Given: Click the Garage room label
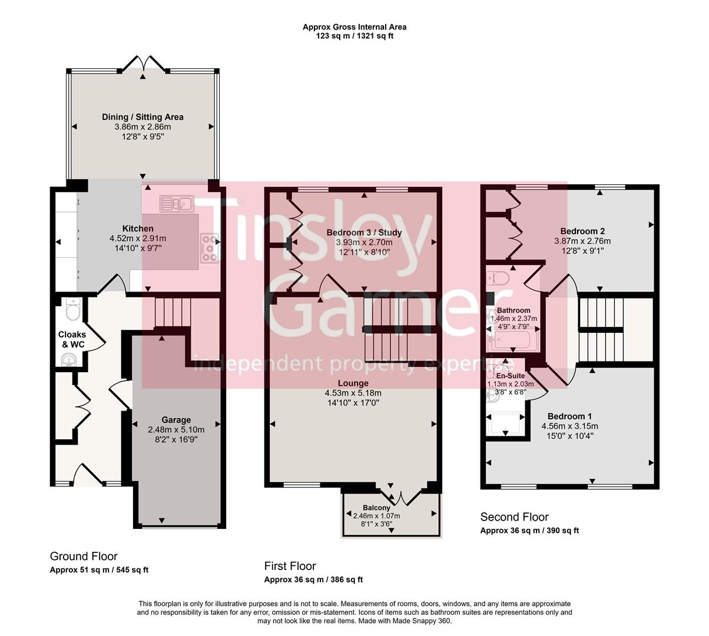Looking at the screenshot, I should pos(176,420).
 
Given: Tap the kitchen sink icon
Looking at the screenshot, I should pos(176,204).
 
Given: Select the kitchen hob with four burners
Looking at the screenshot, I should pos(209,247).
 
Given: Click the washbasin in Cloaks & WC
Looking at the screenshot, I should pos(69,359).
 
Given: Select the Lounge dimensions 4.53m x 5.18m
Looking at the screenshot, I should pos(353,393).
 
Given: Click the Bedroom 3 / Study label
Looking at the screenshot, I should pos(364,233).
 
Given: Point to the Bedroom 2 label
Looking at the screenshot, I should pos(582,231).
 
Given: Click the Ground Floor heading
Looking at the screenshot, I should pos(84,556).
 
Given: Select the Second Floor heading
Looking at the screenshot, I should pos(514,517).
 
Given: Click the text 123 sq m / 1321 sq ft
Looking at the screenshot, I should pos(354,36).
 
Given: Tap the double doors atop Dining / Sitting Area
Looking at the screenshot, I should pos(143,64).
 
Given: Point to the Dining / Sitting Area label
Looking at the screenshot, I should pos(143,117).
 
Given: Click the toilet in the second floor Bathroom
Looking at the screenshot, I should pos(499,277).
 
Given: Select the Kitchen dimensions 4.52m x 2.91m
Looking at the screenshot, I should pos(138,238).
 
